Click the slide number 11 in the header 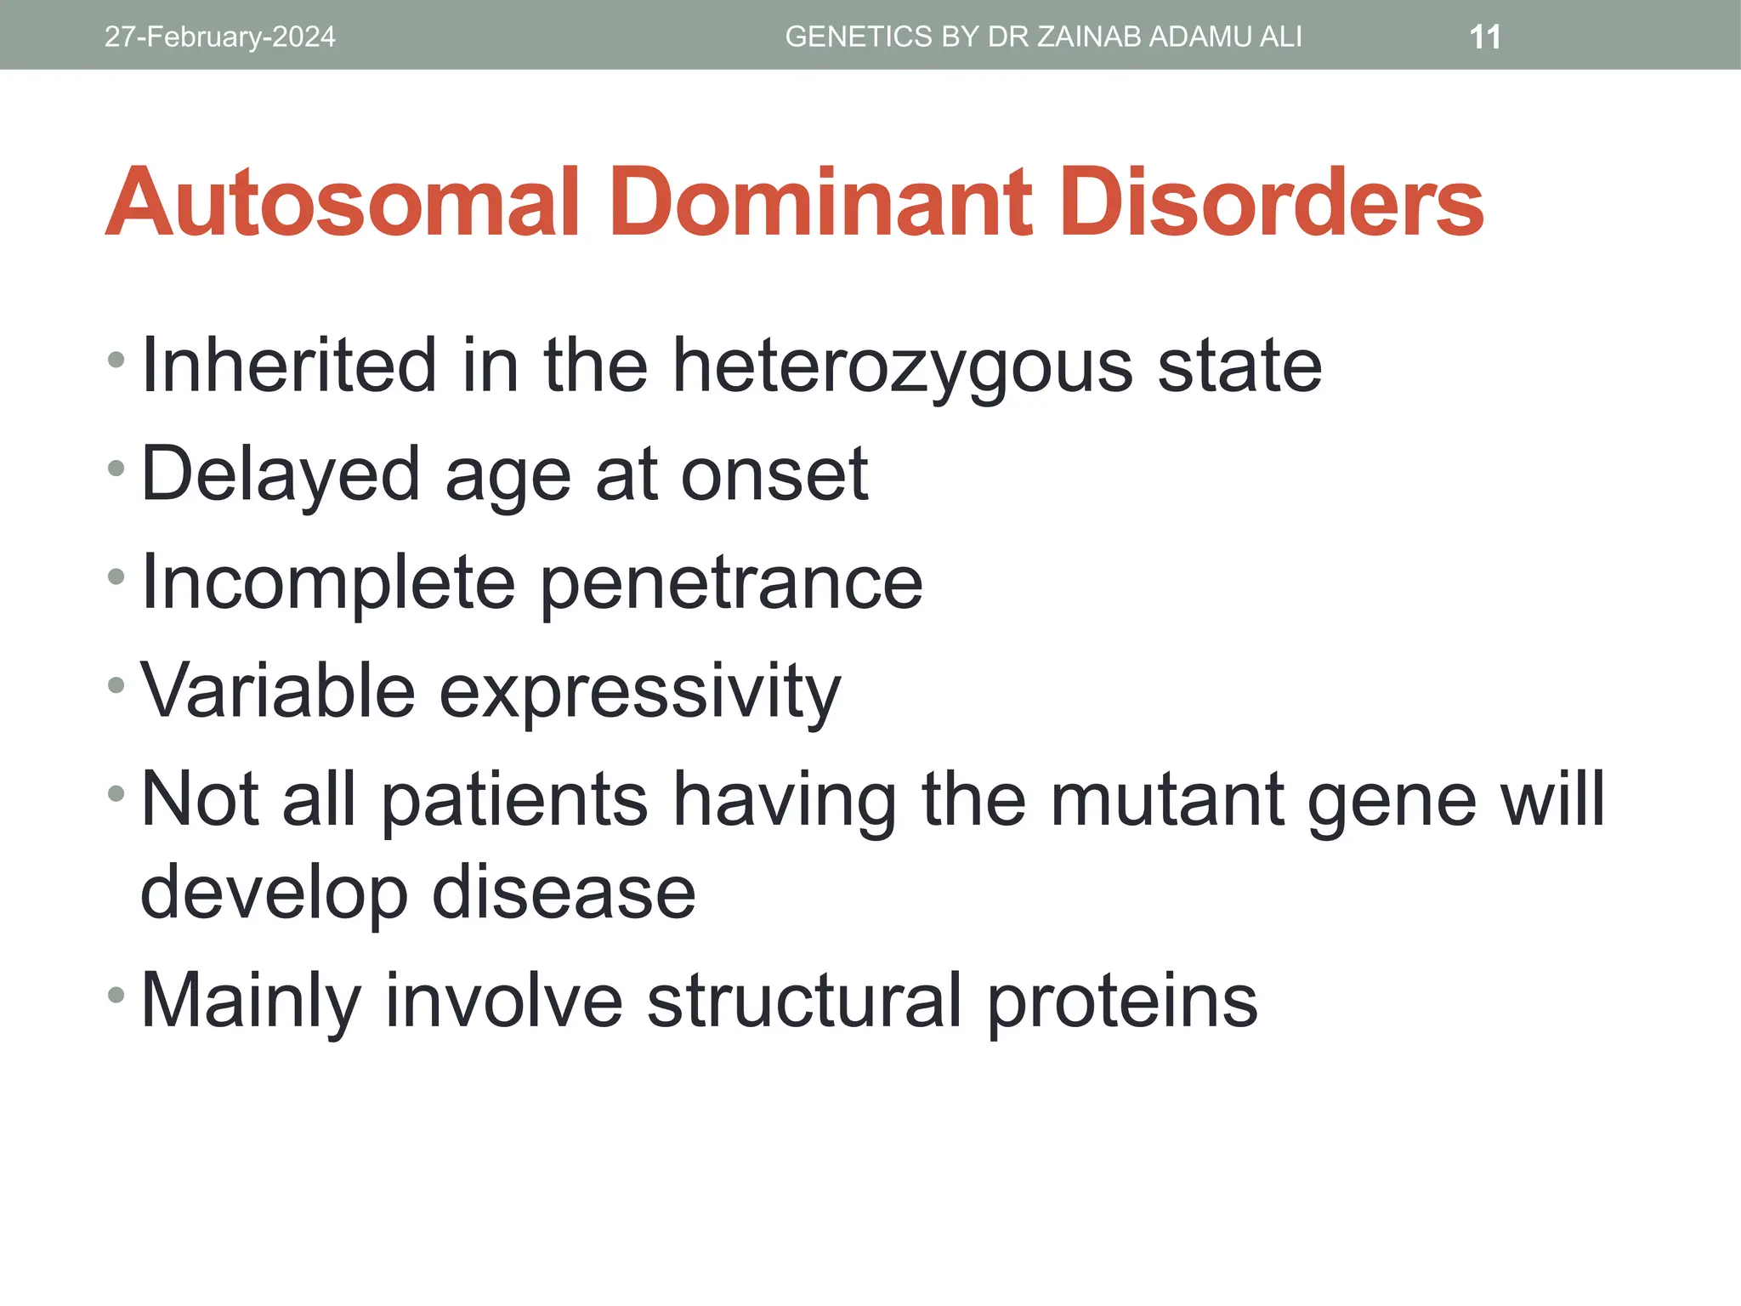tap(1485, 37)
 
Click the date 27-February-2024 tap(219, 37)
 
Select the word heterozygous tap(903, 367)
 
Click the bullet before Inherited tap(116, 360)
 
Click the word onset tap(774, 474)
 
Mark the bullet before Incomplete tap(116, 577)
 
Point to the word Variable tap(277, 690)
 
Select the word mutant tap(1166, 800)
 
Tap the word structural tap(804, 1001)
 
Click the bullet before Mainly tap(116, 994)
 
